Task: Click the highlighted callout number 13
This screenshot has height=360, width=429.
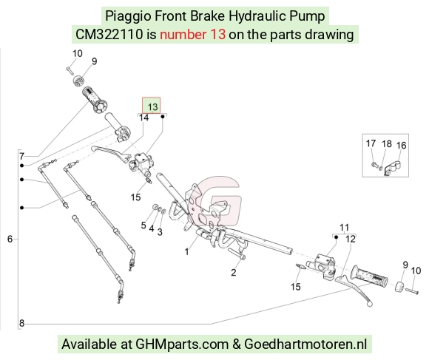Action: coord(152,107)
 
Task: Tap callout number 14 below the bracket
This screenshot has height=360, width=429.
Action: coord(144,118)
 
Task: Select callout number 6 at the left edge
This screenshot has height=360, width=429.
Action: coord(10,240)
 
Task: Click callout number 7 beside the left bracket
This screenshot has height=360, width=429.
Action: coord(22,157)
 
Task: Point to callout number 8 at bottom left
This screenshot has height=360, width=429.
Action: coord(22,323)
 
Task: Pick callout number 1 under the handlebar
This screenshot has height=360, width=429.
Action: coord(187,251)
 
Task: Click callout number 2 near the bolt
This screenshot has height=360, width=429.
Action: coord(234,272)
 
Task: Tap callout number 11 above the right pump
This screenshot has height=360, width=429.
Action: coord(344,228)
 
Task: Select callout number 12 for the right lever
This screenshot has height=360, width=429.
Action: coord(351,240)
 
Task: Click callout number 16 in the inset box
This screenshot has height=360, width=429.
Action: coord(402,146)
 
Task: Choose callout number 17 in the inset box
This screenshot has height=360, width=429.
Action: coord(371,143)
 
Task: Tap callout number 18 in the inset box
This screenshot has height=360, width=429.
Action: coord(387,144)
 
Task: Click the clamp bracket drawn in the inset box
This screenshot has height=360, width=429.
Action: coord(392,168)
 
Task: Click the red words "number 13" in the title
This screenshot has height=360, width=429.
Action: coord(192,35)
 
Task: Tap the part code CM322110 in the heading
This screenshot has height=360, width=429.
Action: coord(109,35)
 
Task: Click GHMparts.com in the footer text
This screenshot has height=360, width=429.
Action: coord(182,344)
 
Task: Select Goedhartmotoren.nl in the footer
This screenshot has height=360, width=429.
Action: coord(305,344)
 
